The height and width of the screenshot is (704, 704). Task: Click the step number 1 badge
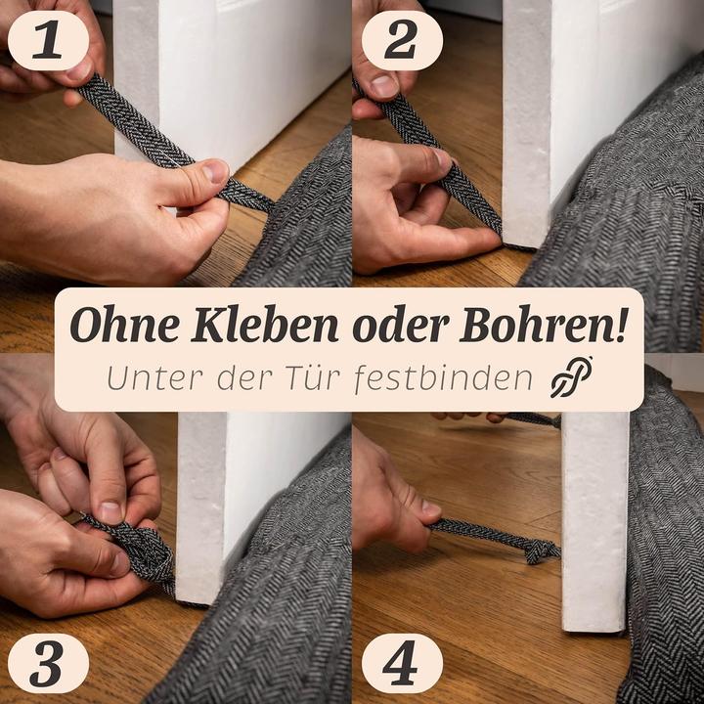[47, 40]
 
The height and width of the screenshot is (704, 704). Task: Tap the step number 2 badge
[401, 40]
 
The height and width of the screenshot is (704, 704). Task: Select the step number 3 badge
[47, 664]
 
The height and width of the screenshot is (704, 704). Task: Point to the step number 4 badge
[401, 664]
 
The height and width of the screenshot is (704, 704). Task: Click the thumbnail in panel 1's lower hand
[214, 173]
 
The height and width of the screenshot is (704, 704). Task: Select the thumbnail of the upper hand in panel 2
[383, 86]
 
